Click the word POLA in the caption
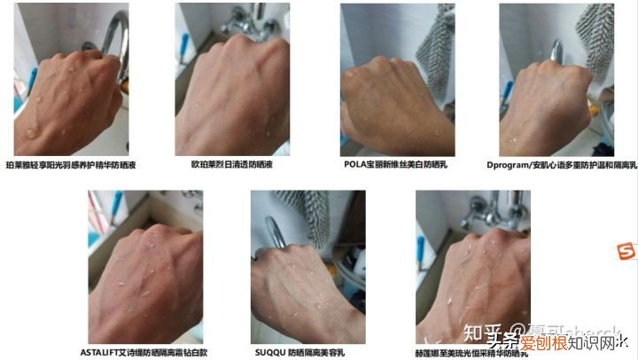(x=356, y=164)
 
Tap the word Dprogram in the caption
(x=508, y=164)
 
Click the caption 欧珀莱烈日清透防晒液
(x=233, y=164)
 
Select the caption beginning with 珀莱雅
(x=71, y=164)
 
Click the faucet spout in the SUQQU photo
(x=277, y=232)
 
